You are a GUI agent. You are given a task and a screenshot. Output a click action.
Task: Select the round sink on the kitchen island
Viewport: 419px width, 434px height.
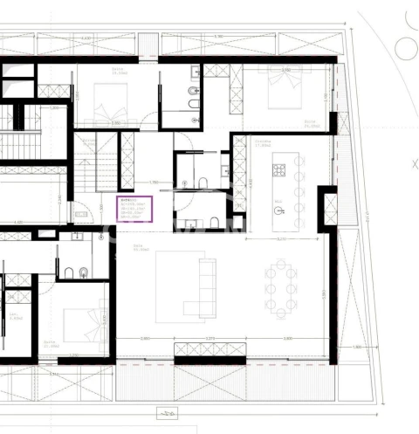[x=280, y=209]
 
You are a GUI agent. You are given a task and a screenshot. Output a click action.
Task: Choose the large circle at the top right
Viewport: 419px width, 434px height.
[x=407, y=47]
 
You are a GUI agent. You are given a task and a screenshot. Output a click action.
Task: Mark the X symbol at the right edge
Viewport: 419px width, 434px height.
[x=414, y=163]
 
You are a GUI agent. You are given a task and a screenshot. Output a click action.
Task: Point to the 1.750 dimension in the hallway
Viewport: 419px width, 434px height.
[x=154, y=182]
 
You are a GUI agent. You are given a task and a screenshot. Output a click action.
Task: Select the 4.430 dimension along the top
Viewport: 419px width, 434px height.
[x=86, y=38]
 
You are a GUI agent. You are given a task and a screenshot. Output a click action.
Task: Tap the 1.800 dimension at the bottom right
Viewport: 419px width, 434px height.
[x=356, y=348]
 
